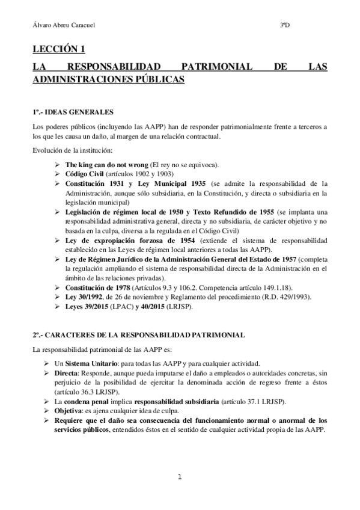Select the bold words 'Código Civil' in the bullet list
click(85, 174)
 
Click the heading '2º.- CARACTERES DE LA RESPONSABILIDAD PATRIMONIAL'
click(139, 334)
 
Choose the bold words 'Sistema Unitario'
click(102, 364)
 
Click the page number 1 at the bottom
click(180, 478)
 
